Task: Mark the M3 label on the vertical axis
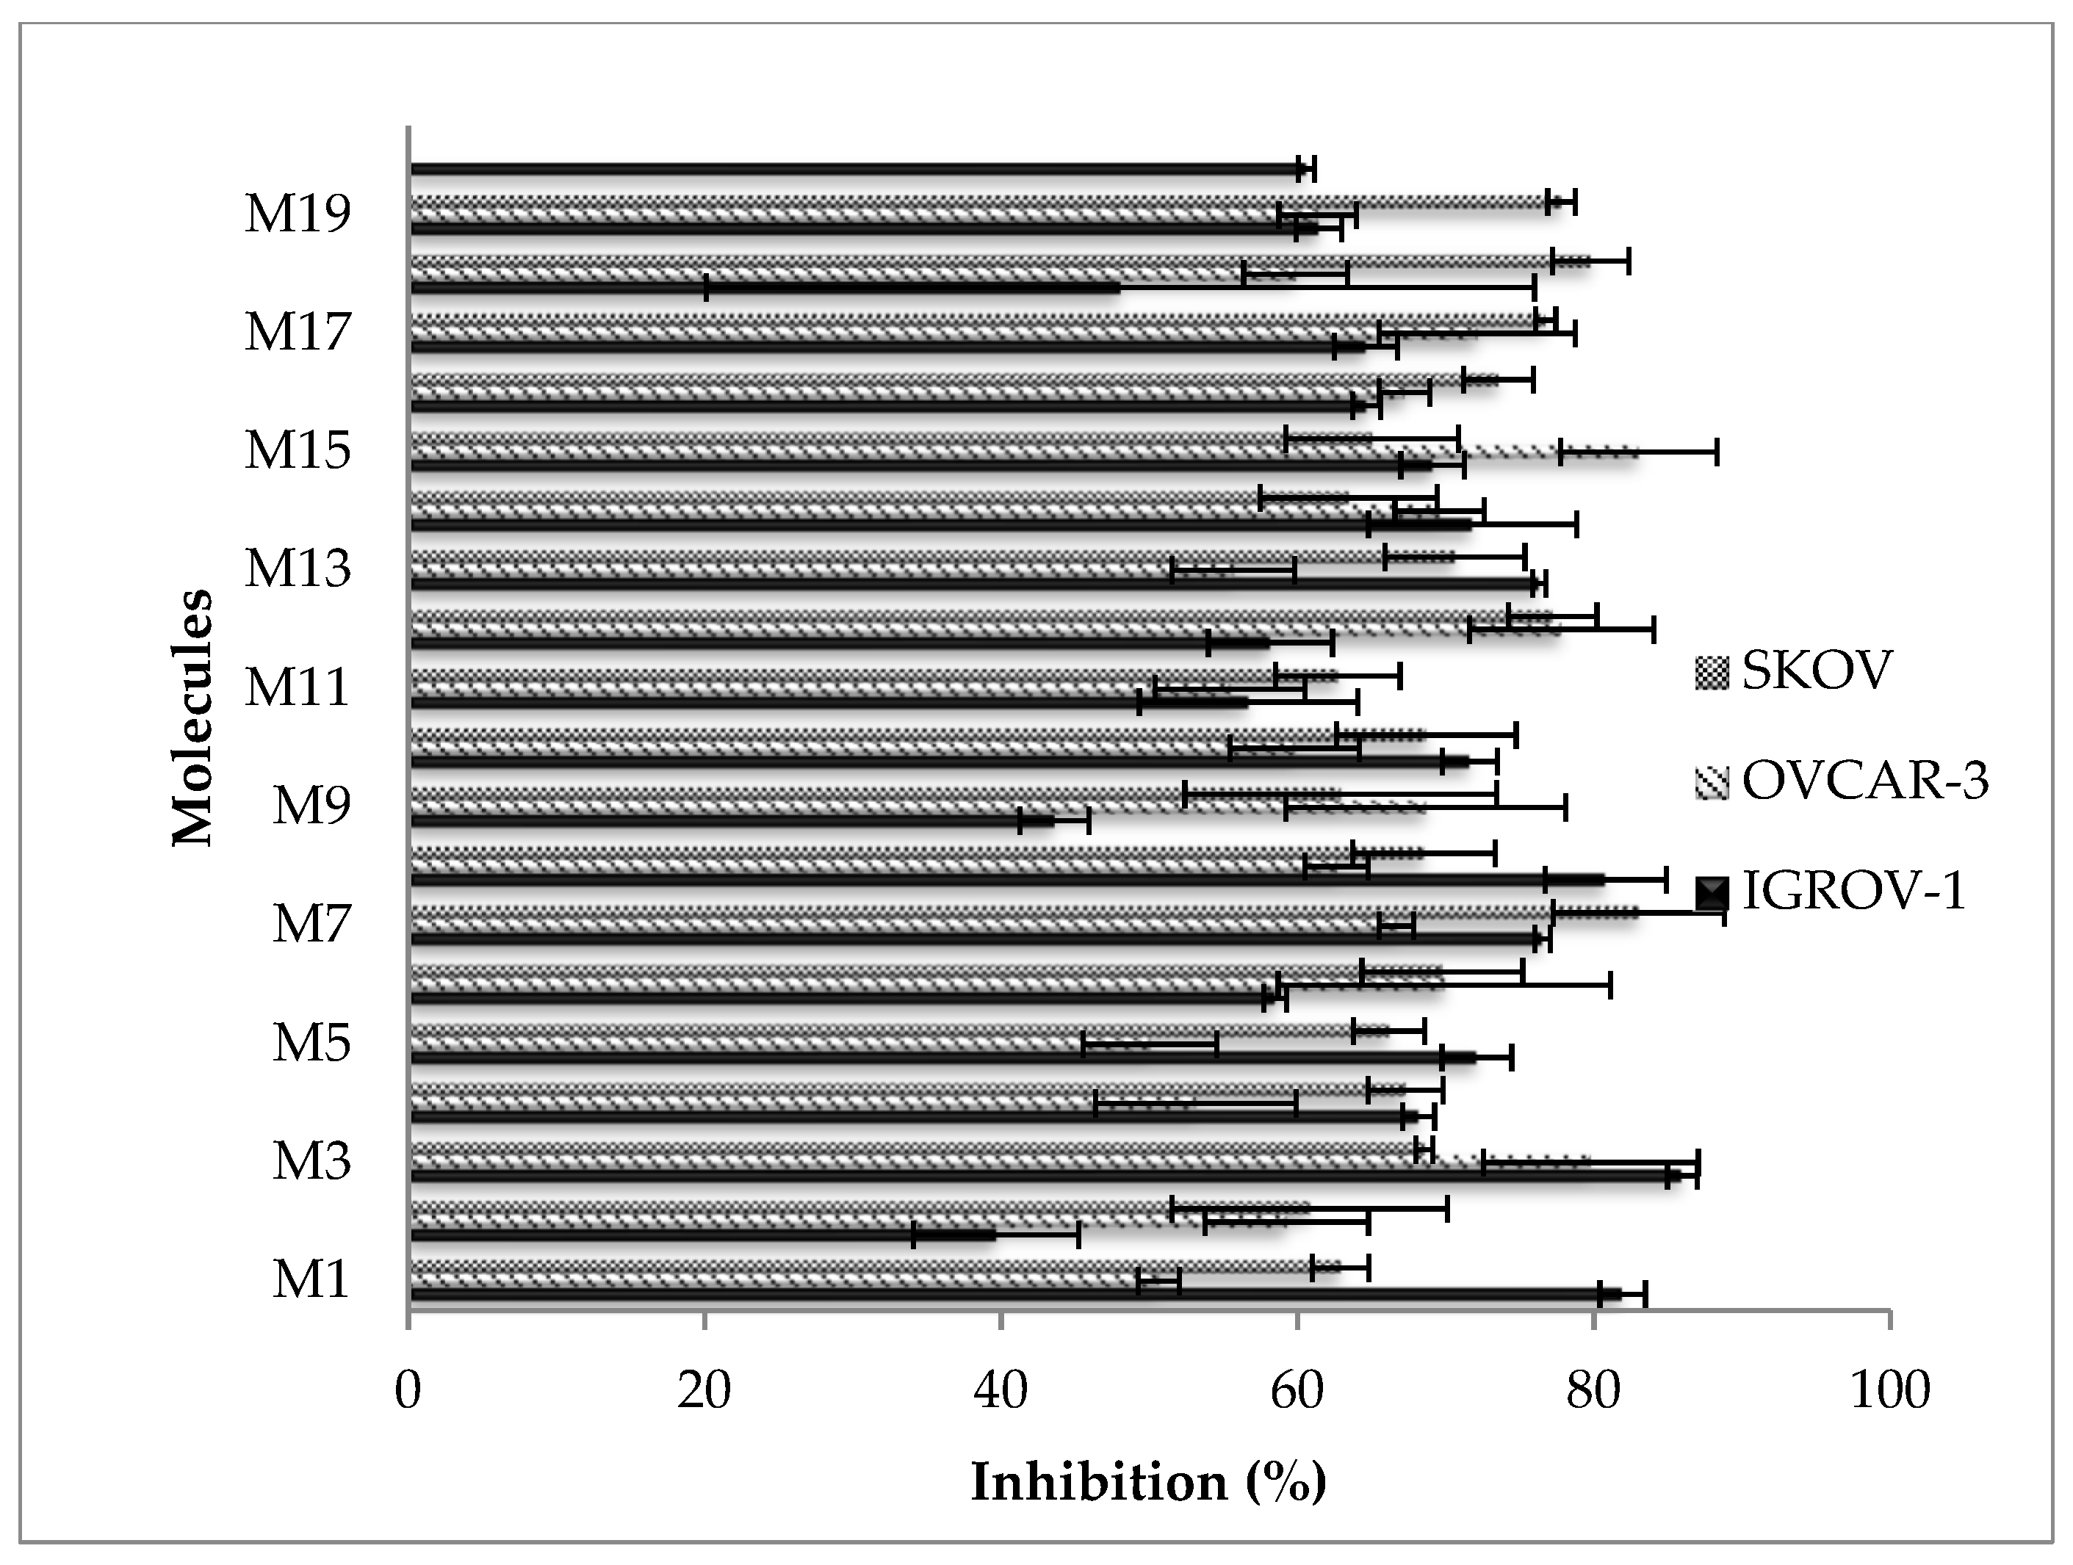[311, 1160]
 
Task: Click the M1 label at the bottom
[311, 1279]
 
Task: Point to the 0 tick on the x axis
[408, 1391]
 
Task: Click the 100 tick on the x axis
[1889, 1391]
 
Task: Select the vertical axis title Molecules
[193, 717]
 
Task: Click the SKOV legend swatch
[1712, 673]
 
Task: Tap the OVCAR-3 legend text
[1864, 780]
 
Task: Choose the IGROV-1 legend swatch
[1712, 892]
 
